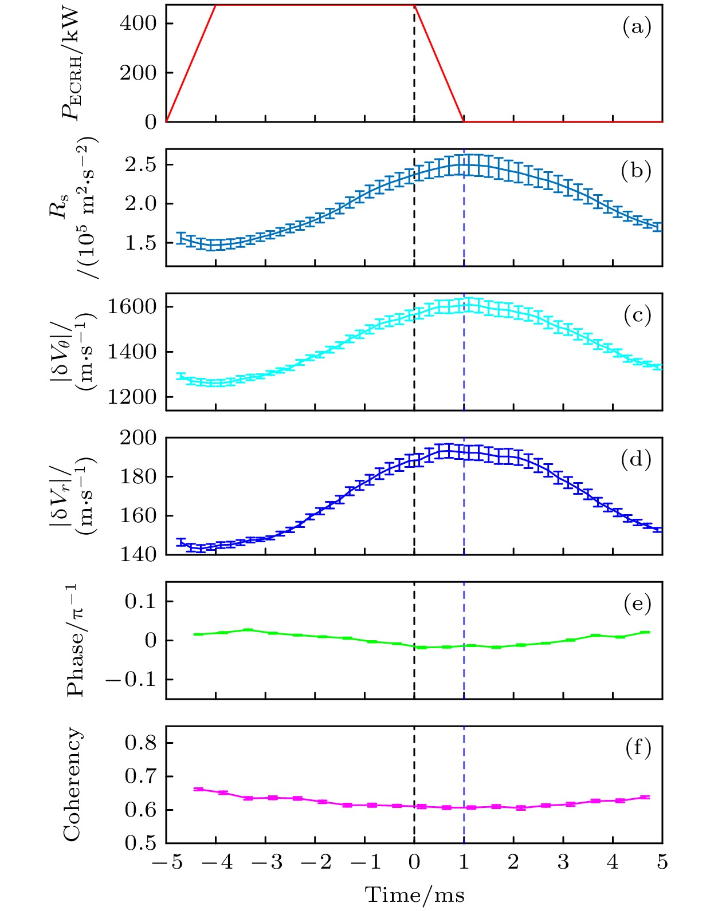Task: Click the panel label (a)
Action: coord(637,27)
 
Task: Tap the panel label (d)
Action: coord(636,459)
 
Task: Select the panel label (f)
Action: coord(637,748)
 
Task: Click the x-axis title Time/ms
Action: coord(414,894)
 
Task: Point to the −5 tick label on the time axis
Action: coord(167,862)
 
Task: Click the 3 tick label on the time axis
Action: coord(563,862)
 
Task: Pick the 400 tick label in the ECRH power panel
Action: coord(138,23)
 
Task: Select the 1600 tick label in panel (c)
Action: coord(132,307)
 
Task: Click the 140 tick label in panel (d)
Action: coord(138,554)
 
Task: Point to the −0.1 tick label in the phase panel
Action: coord(131,679)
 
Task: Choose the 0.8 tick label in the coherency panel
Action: coord(140,743)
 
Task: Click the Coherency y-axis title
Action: coord(72,784)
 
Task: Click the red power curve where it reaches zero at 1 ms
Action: coord(464,121)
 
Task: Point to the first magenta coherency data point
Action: coord(199,789)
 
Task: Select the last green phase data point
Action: coord(645,632)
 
